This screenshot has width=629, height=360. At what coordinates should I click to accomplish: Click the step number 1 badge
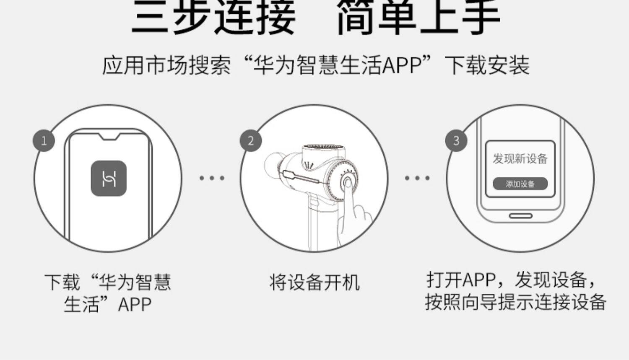(44, 141)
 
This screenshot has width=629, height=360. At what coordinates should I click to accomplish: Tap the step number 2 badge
(251, 141)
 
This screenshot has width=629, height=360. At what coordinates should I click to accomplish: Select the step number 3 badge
(456, 141)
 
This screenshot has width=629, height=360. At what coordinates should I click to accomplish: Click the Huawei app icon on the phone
(109, 179)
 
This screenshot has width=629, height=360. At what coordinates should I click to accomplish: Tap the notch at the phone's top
(109, 137)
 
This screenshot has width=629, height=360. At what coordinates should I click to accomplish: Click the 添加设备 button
(520, 184)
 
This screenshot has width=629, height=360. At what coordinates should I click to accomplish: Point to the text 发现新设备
(520, 159)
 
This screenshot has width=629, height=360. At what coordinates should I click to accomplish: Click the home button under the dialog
(520, 216)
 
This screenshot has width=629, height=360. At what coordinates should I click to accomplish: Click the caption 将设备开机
(314, 282)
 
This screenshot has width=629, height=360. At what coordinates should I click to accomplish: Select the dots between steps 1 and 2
(212, 178)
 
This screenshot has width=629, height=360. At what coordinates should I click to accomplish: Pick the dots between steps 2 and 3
(417, 178)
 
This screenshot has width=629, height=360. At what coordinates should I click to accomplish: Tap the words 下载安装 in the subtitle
(487, 65)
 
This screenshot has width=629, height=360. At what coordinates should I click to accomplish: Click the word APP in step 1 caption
(135, 305)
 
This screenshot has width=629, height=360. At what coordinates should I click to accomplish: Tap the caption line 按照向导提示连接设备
(516, 302)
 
